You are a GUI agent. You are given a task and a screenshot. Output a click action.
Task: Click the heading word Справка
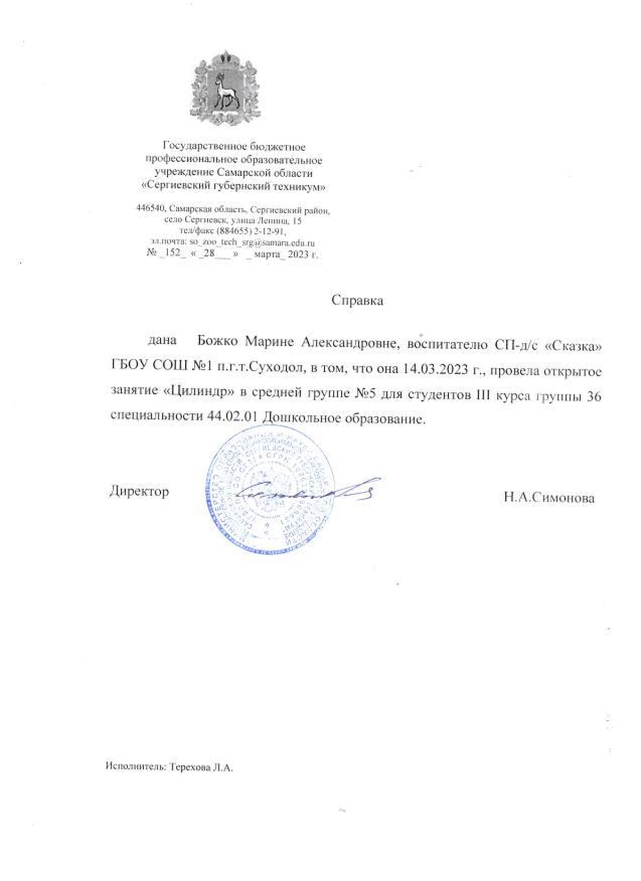tap(357, 300)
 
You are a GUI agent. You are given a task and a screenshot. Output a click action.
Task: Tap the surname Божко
tap(217, 341)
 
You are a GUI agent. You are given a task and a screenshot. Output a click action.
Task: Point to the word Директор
tap(139, 491)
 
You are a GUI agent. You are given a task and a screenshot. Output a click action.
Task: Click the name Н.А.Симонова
tap(549, 498)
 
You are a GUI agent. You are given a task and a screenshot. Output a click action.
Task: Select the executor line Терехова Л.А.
tap(201, 768)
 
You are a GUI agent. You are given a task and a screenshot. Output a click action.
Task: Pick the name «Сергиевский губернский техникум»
tap(233, 187)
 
